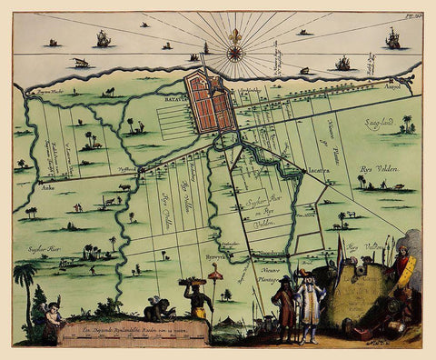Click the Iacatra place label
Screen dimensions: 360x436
[318, 170]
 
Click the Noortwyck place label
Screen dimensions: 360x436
[273, 252]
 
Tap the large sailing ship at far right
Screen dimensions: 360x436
[392, 38]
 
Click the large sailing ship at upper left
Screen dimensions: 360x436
[103, 39]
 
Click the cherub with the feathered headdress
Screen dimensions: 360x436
[52, 315]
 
